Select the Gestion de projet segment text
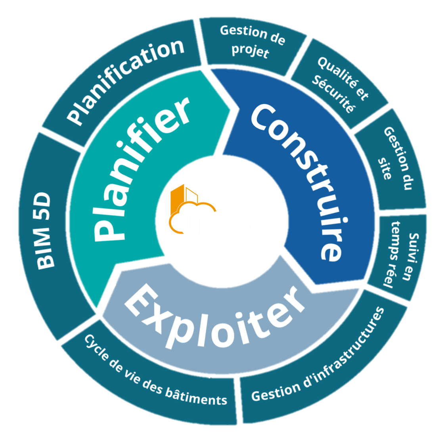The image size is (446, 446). click(x=252, y=41)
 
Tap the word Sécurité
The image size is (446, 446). click(x=333, y=93)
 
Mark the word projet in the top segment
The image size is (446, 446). click(x=250, y=51)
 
